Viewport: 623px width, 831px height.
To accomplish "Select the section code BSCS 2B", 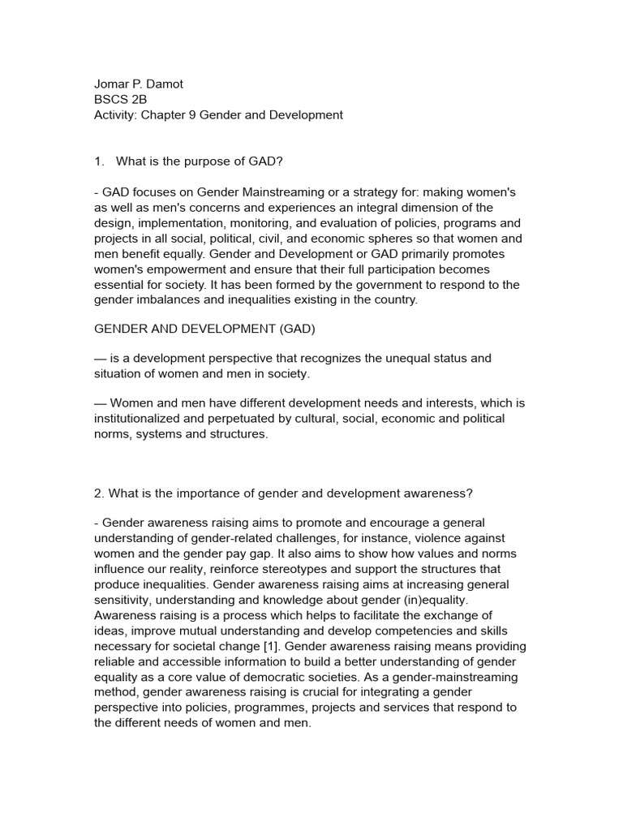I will point(121,99).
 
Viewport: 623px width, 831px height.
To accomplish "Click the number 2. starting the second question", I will point(100,493).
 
